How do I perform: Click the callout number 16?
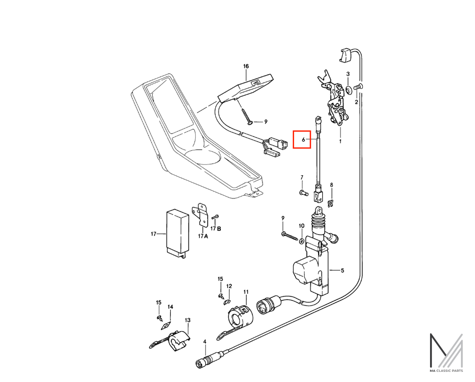(246, 66)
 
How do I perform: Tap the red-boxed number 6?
(303, 140)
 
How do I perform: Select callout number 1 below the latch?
(340, 141)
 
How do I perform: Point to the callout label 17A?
(203, 236)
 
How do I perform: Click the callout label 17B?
(216, 229)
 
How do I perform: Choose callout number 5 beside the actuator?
(342, 270)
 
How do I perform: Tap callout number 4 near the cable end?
(205, 342)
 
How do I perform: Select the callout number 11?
(246, 292)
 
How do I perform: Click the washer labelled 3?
(348, 89)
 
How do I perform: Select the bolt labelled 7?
(303, 192)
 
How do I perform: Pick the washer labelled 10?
(302, 241)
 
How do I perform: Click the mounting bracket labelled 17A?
(200, 214)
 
